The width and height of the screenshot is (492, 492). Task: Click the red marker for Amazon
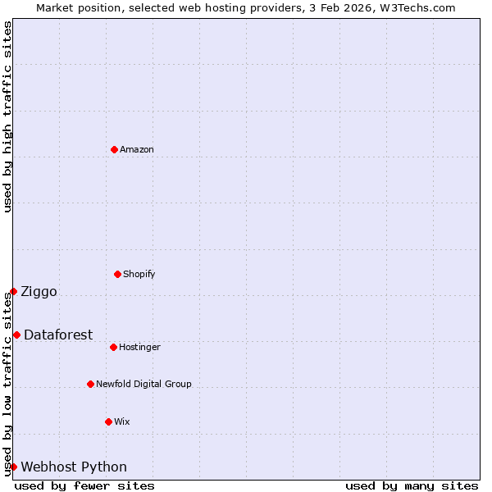(x=114, y=149)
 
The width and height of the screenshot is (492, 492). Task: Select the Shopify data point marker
(x=117, y=274)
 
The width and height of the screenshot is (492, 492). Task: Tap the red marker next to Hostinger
(x=113, y=347)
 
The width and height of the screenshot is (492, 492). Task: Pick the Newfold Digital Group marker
(x=90, y=384)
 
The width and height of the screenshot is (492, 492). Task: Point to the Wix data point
(x=108, y=421)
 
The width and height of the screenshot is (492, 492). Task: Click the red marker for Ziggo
(x=13, y=291)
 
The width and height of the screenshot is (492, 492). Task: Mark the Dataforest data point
(x=16, y=335)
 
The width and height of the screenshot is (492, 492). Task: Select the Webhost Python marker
(x=13, y=467)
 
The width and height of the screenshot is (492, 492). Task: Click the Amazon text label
(x=137, y=149)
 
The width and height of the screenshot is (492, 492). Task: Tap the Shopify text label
(x=139, y=274)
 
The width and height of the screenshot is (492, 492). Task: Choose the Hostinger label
(x=139, y=347)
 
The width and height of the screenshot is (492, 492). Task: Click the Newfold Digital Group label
(x=143, y=384)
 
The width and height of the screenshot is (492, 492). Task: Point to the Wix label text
(x=122, y=421)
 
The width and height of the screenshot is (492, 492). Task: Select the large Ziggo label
(x=39, y=291)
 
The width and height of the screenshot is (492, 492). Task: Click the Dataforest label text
(x=58, y=335)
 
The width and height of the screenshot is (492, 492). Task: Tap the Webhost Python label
(x=74, y=467)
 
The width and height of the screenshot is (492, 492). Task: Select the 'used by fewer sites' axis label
(x=84, y=485)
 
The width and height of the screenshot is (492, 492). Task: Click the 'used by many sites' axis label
(x=412, y=485)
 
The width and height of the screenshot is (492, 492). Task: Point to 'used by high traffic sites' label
(x=7, y=116)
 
